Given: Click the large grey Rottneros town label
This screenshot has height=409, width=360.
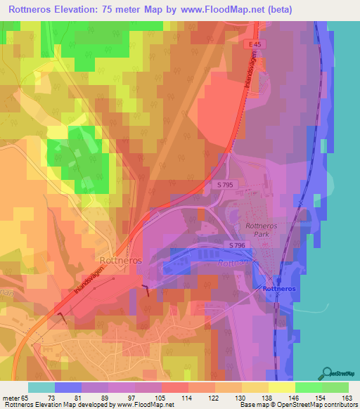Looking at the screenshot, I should click(121, 260).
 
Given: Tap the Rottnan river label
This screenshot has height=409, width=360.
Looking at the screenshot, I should click(233, 264).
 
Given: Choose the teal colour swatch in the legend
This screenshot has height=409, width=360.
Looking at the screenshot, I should click(41, 387).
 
